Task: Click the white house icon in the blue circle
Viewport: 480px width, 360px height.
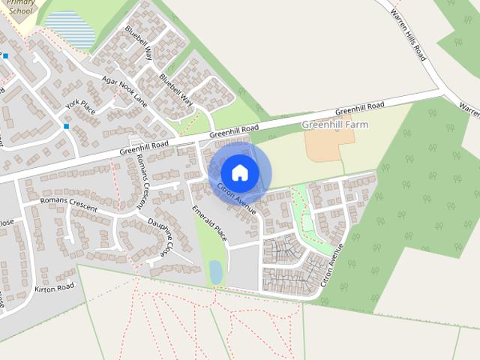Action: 240,172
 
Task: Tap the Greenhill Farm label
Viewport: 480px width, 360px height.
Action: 335,124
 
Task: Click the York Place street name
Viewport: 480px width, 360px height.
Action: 80,107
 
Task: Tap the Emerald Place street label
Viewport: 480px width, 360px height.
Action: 209,223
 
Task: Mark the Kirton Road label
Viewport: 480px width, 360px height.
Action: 54,287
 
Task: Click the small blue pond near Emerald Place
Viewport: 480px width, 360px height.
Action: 216,271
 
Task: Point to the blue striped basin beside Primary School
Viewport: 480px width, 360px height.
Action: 71,30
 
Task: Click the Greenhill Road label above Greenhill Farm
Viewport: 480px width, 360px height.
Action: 360,109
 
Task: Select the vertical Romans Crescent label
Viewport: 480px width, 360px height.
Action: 140,184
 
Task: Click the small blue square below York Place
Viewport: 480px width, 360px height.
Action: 67,126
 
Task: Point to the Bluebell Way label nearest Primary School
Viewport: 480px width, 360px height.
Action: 139,43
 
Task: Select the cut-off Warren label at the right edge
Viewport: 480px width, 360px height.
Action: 469,109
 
